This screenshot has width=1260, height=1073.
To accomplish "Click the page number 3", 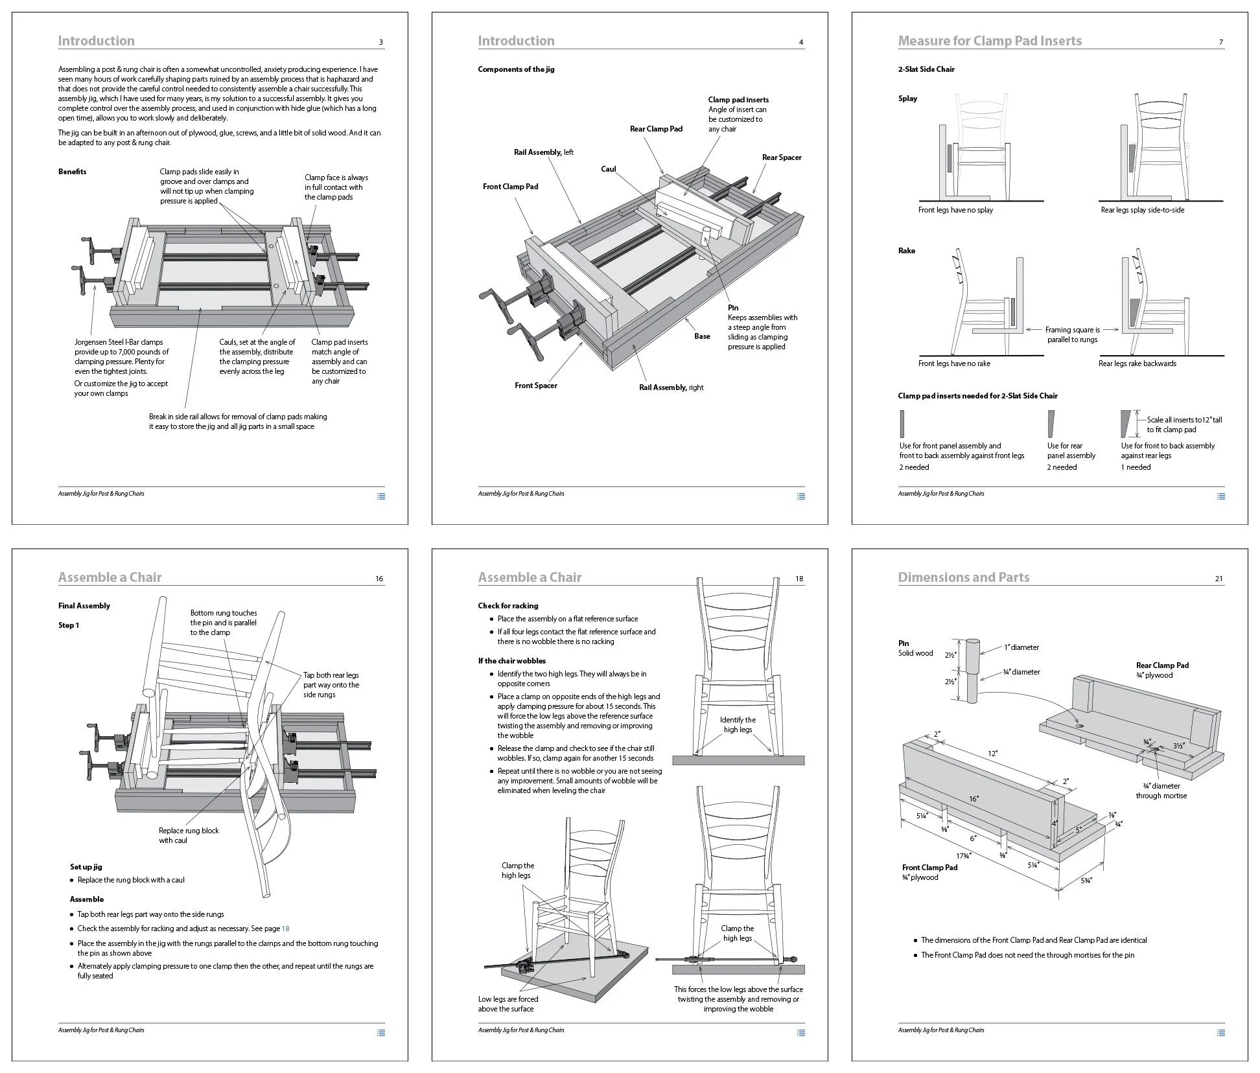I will pyautogui.click(x=380, y=43).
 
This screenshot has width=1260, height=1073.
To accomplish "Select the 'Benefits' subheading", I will pyautogui.click(x=72, y=172).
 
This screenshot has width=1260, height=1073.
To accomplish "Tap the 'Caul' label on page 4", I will pyautogui.click(x=608, y=169).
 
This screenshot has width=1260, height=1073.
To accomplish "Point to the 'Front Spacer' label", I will pyautogui.click(x=535, y=386).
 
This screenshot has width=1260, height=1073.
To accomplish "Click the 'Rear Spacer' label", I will pyautogui.click(x=781, y=157).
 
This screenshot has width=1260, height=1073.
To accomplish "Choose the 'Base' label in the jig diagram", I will pyautogui.click(x=702, y=336).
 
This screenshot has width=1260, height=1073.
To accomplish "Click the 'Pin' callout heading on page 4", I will pyautogui.click(x=732, y=308).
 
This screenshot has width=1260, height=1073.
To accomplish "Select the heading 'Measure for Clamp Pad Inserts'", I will pyautogui.click(x=989, y=41).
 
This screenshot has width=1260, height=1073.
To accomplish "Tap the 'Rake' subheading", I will pyautogui.click(x=906, y=251).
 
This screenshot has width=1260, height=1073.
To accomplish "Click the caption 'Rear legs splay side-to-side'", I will pyautogui.click(x=1142, y=210).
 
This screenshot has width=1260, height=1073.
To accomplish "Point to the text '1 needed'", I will pyautogui.click(x=1136, y=467).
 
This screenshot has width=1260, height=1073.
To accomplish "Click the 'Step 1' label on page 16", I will pyautogui.click(x=69, y=625).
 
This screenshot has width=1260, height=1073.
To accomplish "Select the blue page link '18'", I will pyautogui.click(x=286, y=929).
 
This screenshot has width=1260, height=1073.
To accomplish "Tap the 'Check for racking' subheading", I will pyautogui.click(x=507, y=606).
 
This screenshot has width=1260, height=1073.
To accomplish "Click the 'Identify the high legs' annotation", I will pyautogui.click(x=738, y=724).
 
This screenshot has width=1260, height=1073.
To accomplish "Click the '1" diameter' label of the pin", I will pyautogui.click(x=1021, y=647).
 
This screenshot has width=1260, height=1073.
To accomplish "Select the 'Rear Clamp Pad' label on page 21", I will pyautogui.click(x=1162, y=665).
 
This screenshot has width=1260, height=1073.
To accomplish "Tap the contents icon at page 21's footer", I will pyautogui.click(x=1220, y=1033).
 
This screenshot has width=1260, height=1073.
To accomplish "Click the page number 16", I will pyautogui.click(x=379, y=579).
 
